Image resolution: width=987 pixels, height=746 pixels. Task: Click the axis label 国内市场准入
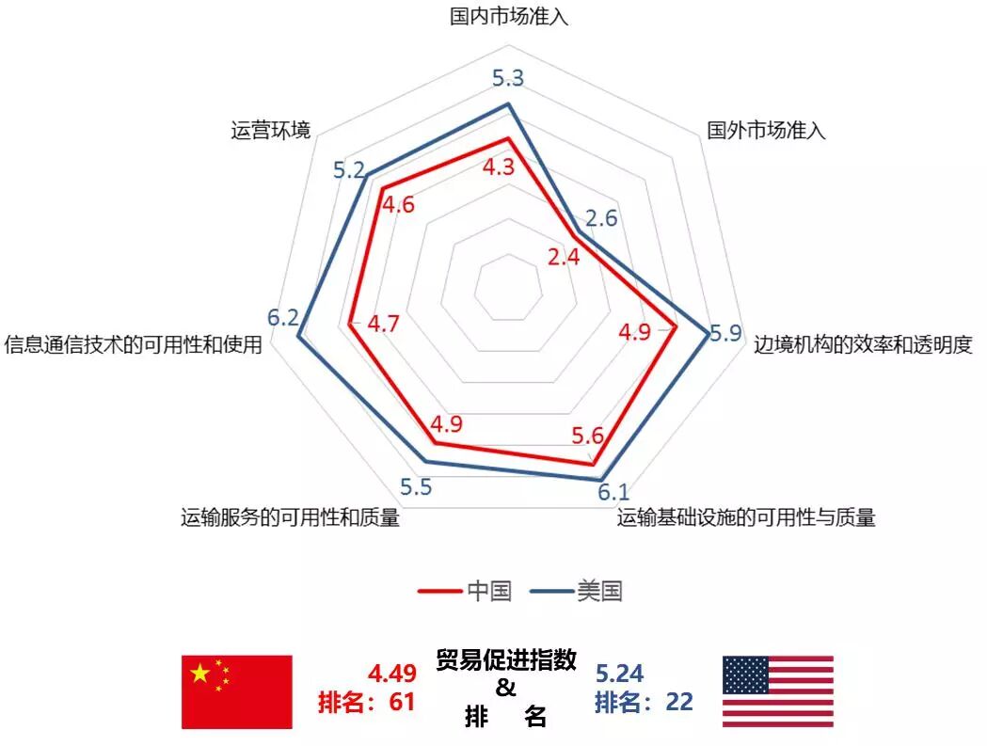(509, 17)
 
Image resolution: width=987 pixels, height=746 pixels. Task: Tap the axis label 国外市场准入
(766, 131)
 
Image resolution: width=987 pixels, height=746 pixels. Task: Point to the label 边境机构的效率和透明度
(863, 344)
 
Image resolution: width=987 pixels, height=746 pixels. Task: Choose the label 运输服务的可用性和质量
(290, 517)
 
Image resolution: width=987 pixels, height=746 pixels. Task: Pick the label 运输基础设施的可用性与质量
(746, 517)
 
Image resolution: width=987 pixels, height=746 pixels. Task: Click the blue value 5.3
(508, 78)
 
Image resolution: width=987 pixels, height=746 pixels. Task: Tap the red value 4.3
(499, 167)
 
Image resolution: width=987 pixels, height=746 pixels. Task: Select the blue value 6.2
(281, 318)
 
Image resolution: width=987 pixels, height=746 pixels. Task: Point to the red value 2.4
(564, 257)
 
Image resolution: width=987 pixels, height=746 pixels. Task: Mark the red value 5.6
(587, 436)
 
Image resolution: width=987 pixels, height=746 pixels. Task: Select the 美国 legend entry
(577, 592)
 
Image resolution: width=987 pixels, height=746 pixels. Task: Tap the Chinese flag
(237, 691)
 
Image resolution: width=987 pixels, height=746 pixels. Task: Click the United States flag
(777, 691)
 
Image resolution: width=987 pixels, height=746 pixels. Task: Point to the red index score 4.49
(391, 675)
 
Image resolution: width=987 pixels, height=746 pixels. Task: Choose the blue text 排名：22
(644, 702)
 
